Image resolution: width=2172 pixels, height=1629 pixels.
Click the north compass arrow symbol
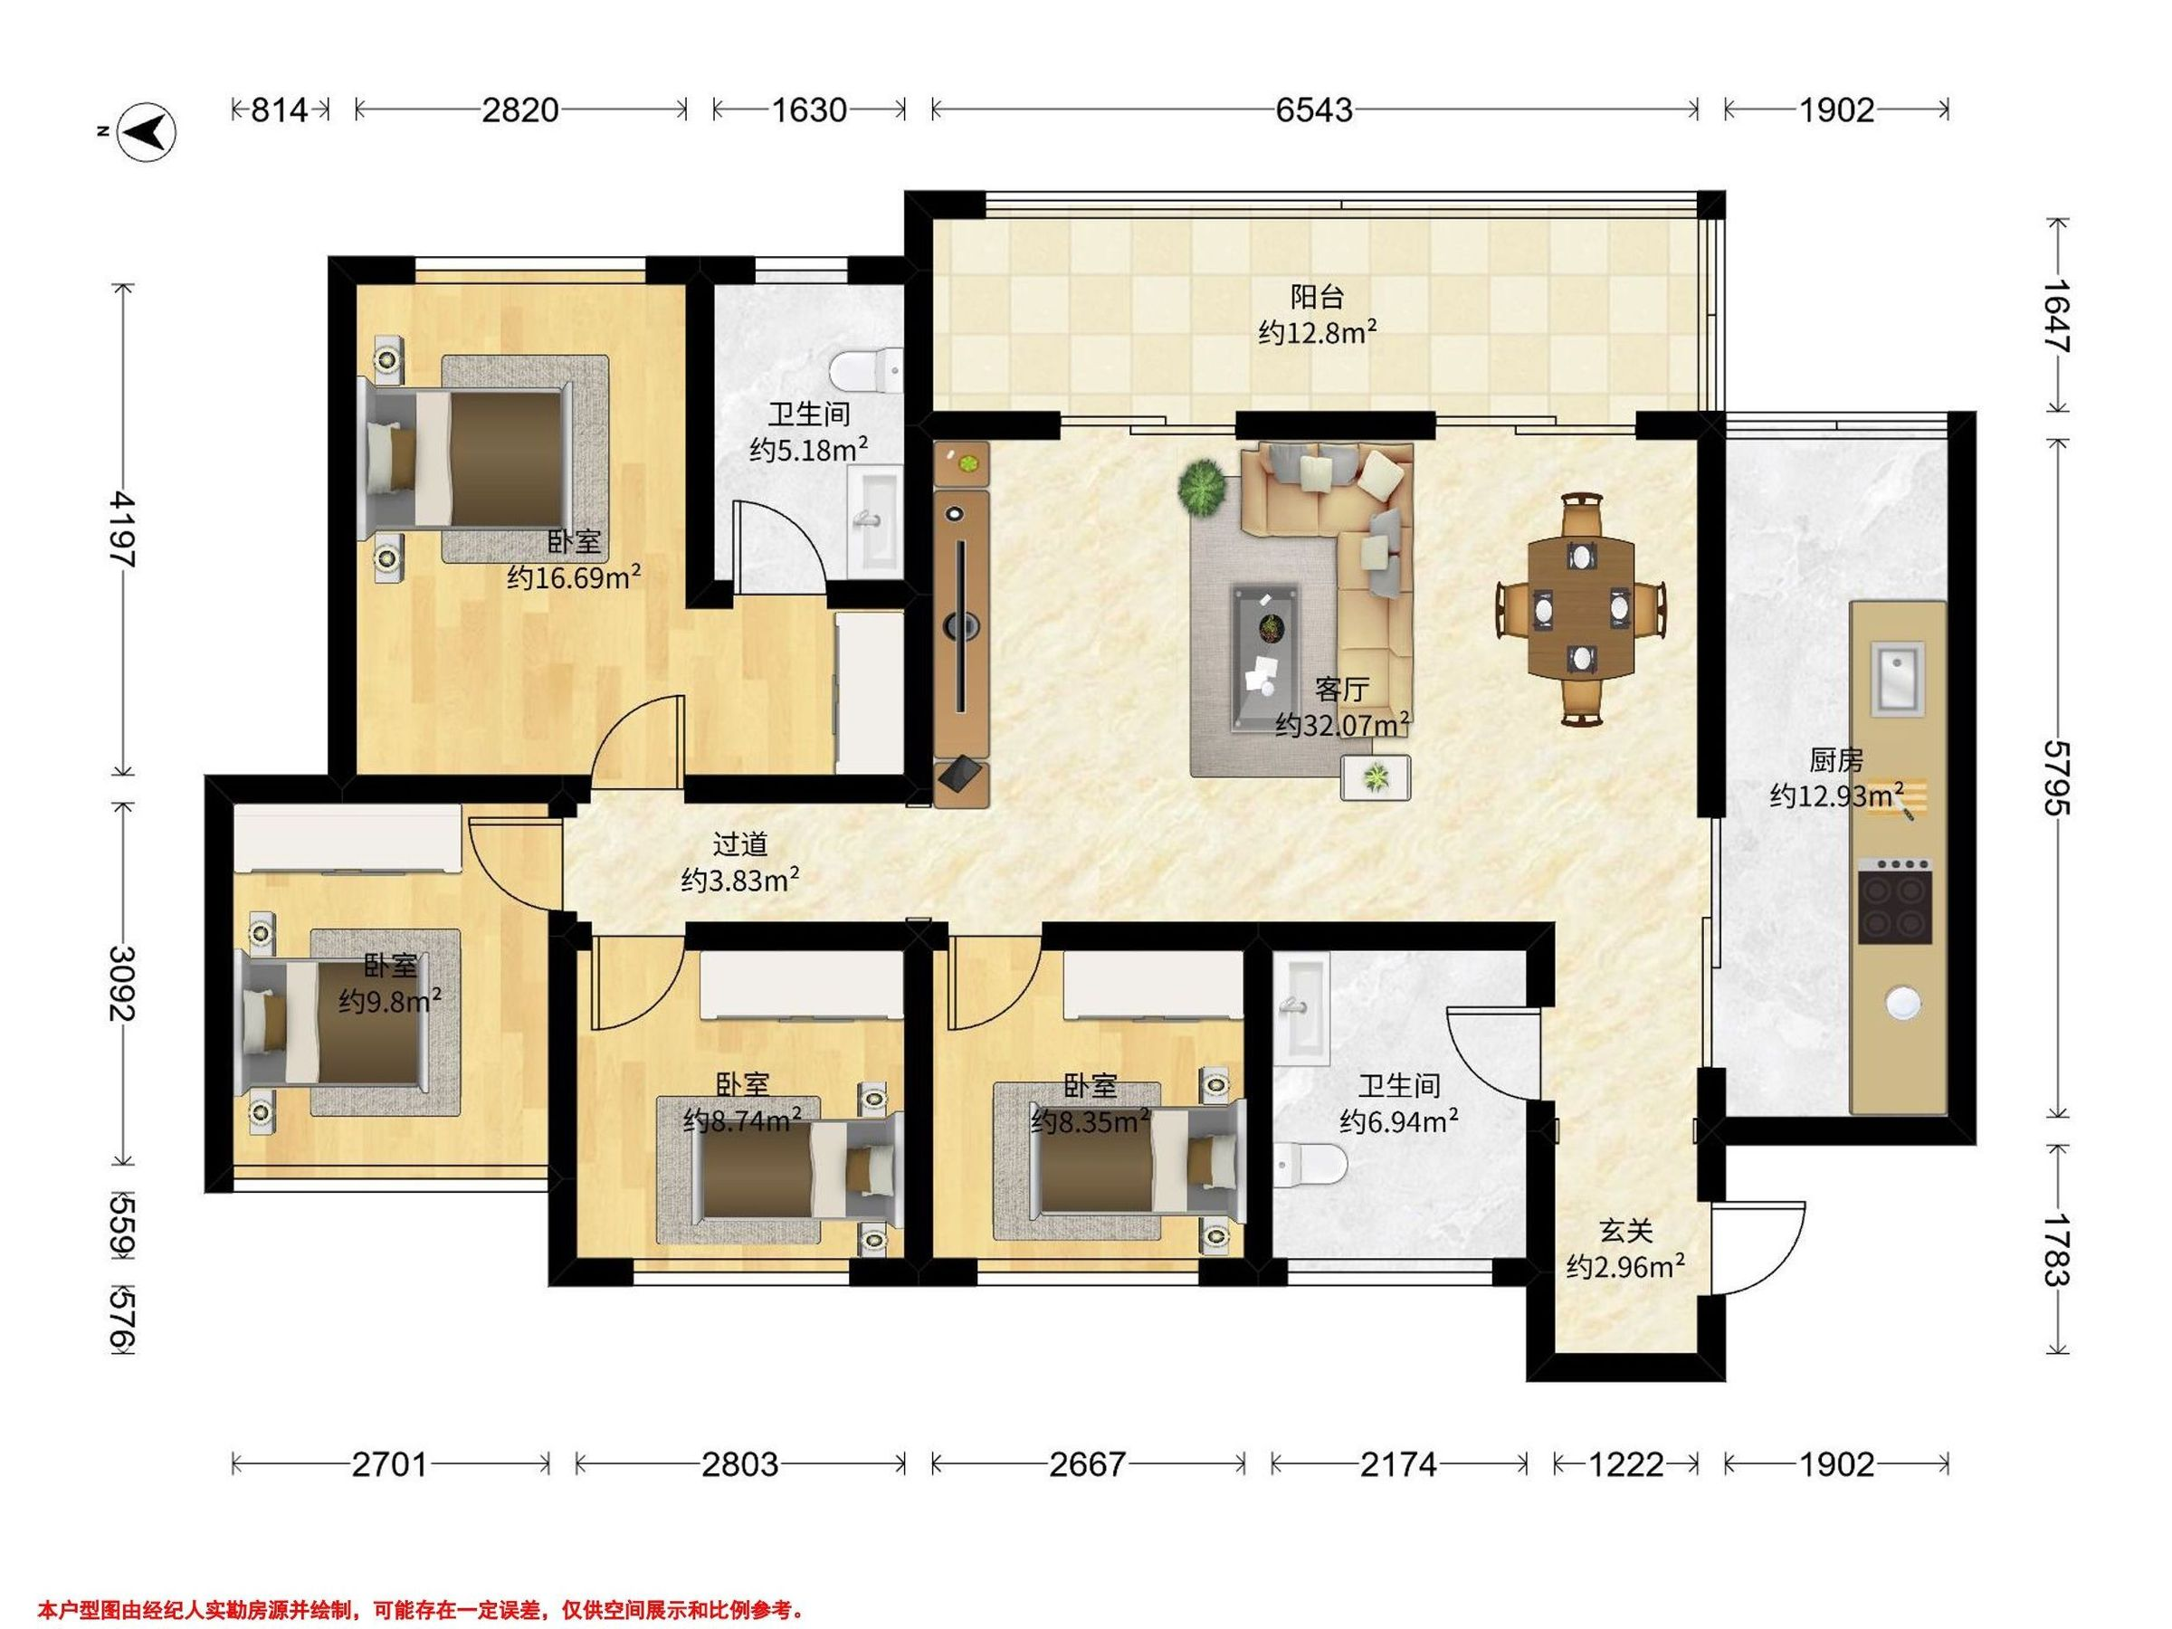point(147,130)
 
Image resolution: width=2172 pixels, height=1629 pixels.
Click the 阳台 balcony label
point(1317,296)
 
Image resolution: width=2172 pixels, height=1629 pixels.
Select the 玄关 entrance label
point(1626,1230)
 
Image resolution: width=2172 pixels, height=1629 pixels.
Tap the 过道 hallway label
point(739,843)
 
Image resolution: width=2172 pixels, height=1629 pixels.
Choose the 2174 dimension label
point(1398,1465)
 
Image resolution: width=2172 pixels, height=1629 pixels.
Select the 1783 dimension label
point(2054,1250)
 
